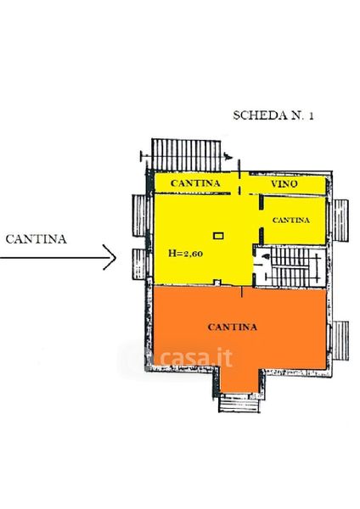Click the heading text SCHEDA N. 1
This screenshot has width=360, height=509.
[273, 115]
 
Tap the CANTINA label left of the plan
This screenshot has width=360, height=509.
[36, 239]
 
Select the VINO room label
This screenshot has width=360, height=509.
[284, 184]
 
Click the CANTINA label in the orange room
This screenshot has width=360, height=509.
[233, 327]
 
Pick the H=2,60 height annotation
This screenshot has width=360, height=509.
[186, 253]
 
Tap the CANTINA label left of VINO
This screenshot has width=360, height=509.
[195, 183]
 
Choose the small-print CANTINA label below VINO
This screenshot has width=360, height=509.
[290, 220]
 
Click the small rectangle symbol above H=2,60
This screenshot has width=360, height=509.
[218, 236]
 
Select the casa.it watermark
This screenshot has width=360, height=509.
[197, 357]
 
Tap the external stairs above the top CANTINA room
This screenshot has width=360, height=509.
[186, 155]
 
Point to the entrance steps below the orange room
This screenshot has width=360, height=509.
[239, 403]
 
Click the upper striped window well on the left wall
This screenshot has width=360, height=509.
[139, 215]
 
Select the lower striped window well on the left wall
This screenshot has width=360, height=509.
[139, 264]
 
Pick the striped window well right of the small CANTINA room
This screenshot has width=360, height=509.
[340, 221]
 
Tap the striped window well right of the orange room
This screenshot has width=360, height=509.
[340, 341]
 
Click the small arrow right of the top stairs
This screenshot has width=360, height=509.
[228, 156]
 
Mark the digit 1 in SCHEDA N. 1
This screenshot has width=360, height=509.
[311, 116]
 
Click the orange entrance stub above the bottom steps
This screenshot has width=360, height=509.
[239, 380]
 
